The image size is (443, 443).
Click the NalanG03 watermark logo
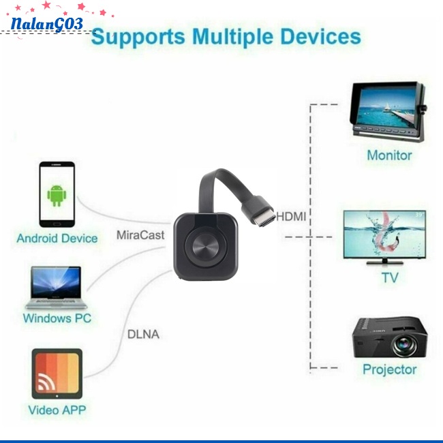click(x=46, y=24)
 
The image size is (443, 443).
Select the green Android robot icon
click(x=57, y=196)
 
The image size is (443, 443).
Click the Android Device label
click(x=57, y=239)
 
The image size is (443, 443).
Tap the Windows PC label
click(x=57, y=318)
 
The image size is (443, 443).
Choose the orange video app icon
click(x=57, y=373)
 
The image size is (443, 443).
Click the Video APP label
click(x=57, y=410)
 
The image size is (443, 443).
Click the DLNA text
click(x=143, y=335)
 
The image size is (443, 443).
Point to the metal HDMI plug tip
click(x=268, y=219)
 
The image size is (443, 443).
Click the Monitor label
click(x=389, y=155)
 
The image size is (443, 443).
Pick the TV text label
click(x=389, y=277)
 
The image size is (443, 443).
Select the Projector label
click(x=389, y=369)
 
